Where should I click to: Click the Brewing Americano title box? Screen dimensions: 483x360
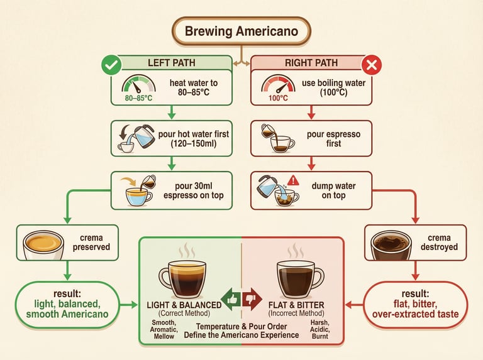[x=241, y=31]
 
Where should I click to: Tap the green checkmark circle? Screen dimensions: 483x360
[x=112, y=64]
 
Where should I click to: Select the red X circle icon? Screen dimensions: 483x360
[x=371, y=64]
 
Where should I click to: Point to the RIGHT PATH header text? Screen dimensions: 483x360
[x=312, y=63]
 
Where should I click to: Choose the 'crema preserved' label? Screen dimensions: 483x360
[x=96, y=243]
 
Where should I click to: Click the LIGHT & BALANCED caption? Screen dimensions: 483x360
[x=184, y=305]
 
